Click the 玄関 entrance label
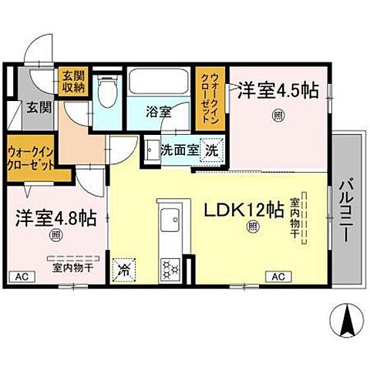coord(40,108)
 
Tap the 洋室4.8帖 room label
coord(55,218)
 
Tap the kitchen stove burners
coord(169,268)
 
